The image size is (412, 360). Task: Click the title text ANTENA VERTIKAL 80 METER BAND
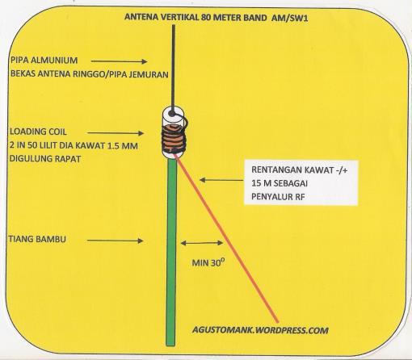point(195,17)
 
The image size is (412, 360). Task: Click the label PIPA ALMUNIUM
point(44,60)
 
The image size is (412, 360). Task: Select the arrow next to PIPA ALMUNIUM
point(119,61)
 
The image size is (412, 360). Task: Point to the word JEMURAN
point(149,74)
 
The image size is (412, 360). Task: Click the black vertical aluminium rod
point(173,69)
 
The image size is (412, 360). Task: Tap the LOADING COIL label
point(38,132)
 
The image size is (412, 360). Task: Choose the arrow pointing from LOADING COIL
point(116,133)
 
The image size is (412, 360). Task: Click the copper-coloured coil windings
point(174,139)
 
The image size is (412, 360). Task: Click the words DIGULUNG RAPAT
point(45,159)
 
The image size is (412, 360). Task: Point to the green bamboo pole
point(171,252)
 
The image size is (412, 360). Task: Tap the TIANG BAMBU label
point(37,239)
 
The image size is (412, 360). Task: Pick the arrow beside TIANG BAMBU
point(115,241)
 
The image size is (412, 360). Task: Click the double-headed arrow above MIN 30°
point(202,243)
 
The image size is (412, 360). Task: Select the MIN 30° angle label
point(208,262)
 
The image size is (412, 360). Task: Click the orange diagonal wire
point(226,238)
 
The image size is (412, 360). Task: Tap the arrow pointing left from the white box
point(221,180)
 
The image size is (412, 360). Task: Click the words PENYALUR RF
point(278,197)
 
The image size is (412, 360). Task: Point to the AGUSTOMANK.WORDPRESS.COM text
point(260,330)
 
